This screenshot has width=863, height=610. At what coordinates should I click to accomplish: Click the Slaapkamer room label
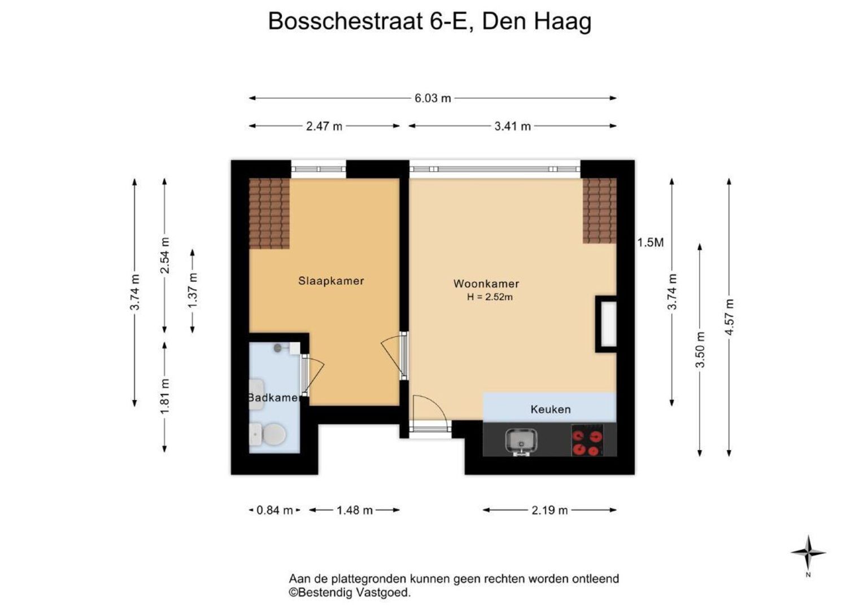[331, 281]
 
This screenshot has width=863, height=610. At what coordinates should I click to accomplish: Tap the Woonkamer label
[486, 284]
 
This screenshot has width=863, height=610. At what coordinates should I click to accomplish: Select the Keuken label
[551, 409]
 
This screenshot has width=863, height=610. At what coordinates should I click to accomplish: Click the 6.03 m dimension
[433, 98]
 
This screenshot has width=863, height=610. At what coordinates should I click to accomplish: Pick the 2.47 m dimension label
[324, 126]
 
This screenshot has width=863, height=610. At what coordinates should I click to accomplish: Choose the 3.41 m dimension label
[512, 126]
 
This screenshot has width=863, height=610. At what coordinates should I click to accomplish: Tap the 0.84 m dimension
[274, 510]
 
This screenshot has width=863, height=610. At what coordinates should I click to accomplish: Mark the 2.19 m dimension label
[550, 510]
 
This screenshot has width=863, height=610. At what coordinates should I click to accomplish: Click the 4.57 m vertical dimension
[729, 317]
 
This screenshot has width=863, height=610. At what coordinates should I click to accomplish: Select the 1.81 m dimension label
[165, 397]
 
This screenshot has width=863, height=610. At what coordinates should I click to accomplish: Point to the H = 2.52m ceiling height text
[490, 297]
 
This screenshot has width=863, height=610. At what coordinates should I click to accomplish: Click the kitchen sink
[521, 442]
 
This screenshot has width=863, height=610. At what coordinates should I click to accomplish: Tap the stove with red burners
[587, 439]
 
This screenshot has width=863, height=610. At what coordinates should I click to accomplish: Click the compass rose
[808, 553]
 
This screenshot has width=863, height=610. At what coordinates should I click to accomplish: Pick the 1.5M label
[650, 243]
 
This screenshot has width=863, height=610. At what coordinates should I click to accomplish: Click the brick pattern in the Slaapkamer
[269, 213]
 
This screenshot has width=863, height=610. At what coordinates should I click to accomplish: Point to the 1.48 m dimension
[355, 510]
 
